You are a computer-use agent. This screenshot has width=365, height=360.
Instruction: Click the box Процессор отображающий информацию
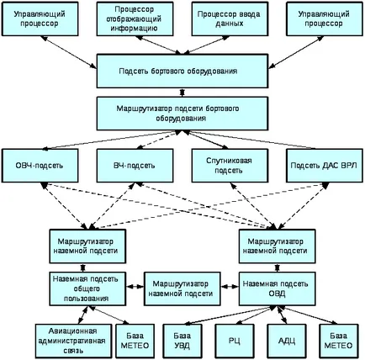pyautogui.click(x=135, y=19)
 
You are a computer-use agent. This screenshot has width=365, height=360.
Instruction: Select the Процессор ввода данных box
pyautogui.click(x=230, y=19)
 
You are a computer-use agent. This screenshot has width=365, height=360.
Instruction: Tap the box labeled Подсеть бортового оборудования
pyautogui.click(x=182, y=71)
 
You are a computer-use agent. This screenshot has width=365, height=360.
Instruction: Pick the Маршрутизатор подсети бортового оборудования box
pyautogui.click(x=182, y=114)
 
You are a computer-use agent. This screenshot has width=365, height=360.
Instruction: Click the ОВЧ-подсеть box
pyautogui.click(x=40, y=166)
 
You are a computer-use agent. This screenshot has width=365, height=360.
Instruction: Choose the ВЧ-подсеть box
pyautogui.click(x=135, y=166)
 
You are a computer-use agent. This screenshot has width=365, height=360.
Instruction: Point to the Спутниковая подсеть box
pyautogui.click(x=230, y=166)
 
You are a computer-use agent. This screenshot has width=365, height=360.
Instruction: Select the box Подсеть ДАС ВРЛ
pyautogui.click(x=325, y=166)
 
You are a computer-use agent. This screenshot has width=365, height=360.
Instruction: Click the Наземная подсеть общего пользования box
pyautogui.click(x=87, y=289)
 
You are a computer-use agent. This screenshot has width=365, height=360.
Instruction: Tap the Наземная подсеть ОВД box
pyautogui.click(x=277, y=289)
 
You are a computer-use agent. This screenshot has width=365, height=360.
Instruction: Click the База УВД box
pyautogui.click(x=182, y=341)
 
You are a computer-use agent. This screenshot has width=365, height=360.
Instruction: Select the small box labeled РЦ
pyautogui.click(x=235, y=341)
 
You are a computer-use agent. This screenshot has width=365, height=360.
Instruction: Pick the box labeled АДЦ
pyautogui.click(x=287, y=341)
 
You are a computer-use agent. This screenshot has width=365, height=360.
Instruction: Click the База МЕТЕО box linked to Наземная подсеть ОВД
pyautogui.click(x=339, y=341)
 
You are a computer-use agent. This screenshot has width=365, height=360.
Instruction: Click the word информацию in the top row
pyautogui.click(x=134, y=29)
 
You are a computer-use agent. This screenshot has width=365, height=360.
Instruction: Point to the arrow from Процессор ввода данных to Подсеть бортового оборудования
pyautogui.click(x=207, y=45)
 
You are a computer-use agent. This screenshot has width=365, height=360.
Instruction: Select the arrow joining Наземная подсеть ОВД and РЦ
pyautogui.click(x=255, y=315)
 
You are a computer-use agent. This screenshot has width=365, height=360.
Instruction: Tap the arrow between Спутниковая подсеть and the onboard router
pyautogui.click(x=206, y=140)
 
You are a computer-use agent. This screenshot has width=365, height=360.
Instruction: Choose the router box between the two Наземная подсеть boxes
pyautogui.click(x=182, y=289)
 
